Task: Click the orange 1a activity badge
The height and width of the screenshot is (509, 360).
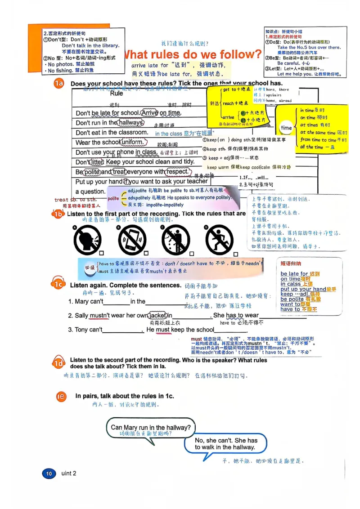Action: coord(59,84)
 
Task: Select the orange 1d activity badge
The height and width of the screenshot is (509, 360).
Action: coord(58,363)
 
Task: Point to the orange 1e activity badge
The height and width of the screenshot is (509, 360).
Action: coord(62,396)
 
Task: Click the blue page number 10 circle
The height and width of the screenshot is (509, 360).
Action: coord(49,473)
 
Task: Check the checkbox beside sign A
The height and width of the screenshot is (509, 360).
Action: coord(102,253)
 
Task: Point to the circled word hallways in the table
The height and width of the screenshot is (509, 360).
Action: coord(131,123)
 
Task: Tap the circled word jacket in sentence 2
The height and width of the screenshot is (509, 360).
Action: coord(157,315)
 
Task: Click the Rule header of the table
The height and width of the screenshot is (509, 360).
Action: coord(117,94)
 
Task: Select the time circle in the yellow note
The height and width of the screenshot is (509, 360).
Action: coord(286,128)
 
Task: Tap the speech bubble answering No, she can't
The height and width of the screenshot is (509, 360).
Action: coord(226,444)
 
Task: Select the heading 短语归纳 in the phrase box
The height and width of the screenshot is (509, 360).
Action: coord(291,263)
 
